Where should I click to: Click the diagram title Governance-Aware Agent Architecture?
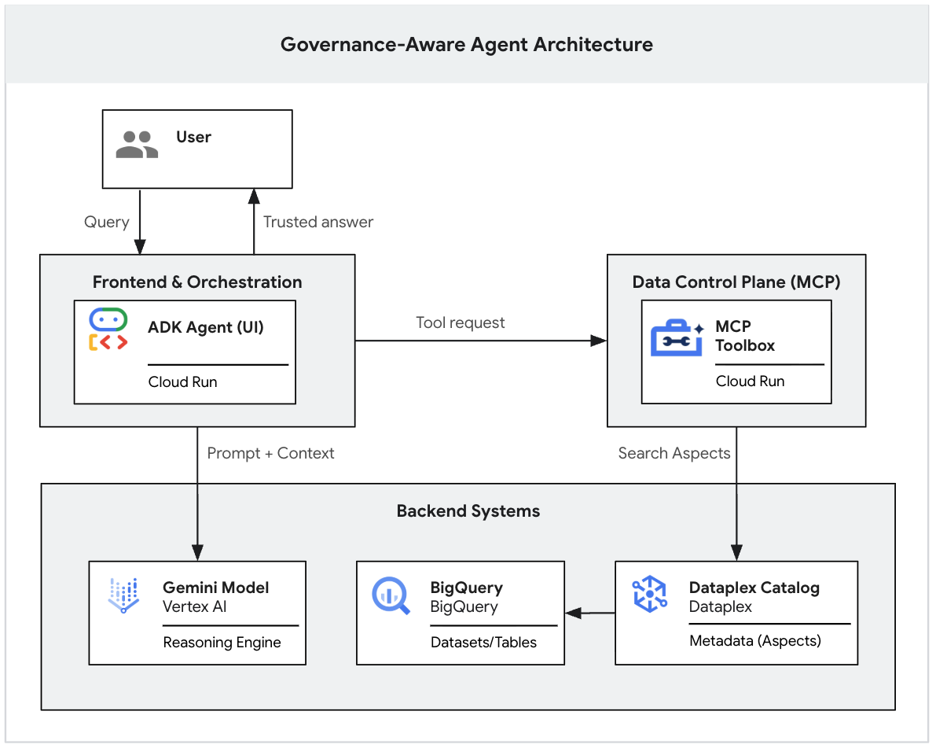point(467,44)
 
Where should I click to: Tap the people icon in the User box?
point(137,145)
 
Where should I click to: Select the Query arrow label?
point(106,222)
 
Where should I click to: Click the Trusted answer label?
point(318,222)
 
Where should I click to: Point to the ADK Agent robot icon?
point(108,329)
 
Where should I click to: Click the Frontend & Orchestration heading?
point(197,282)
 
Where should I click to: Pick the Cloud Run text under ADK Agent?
point(182,382)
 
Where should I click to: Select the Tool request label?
point(461,322)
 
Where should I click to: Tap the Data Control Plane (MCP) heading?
point(736,282)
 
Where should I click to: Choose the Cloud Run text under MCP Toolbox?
point(750,381)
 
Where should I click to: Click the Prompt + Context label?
point(270,453)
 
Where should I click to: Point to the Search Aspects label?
point(674,453)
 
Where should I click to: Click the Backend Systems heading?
point(468,511)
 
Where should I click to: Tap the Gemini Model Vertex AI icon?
point(123,595)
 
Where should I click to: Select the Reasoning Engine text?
point(222,643)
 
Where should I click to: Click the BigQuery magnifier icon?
point(391,595)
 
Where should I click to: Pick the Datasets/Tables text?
point(483,643)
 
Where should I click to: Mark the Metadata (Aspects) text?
point(754,641)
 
